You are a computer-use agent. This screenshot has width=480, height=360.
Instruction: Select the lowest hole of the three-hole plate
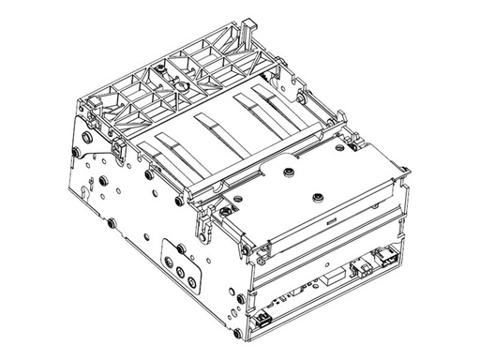pos(191,280)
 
